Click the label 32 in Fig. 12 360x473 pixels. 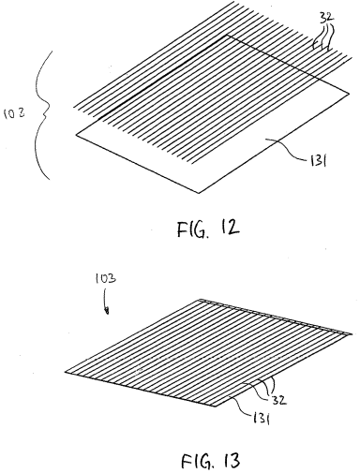326,18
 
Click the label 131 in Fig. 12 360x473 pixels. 317,161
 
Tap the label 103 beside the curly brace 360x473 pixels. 14,113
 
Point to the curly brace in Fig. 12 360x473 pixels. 44,115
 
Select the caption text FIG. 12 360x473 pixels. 208,229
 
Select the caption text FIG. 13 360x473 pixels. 211,461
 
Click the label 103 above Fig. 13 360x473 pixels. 105,278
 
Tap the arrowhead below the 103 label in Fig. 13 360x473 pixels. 107,311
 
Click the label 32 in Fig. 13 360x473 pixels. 278,400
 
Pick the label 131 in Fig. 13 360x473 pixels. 261,418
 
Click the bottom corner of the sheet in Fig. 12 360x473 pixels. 199,193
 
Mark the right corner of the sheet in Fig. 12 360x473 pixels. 349,93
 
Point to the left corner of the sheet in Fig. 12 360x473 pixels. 76,135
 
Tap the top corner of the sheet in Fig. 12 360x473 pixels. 226,36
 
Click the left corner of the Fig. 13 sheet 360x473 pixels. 65,372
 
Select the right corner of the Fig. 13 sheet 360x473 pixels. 352,334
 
